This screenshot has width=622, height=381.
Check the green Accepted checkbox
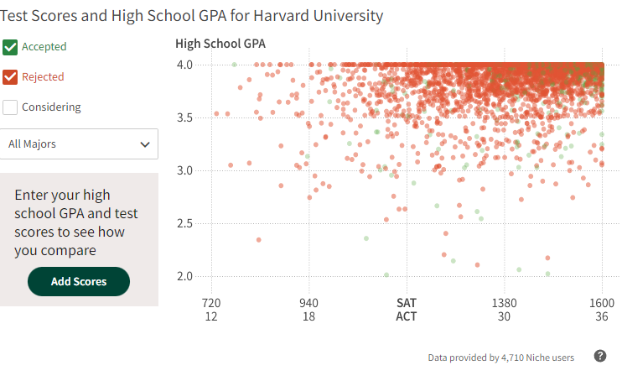(x=11, y=47)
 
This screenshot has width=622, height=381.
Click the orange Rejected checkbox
(x=11, y=77)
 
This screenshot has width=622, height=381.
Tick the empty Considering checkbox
(x=11, y=107)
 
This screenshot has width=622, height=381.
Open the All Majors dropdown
(x=79, y=144)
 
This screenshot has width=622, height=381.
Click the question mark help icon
(x=600, y=356)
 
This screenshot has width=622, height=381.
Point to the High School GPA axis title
(x=220, y=44)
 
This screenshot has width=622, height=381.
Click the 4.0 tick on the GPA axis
(x=184, y=65)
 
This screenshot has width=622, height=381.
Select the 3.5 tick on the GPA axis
(x=184, y=117)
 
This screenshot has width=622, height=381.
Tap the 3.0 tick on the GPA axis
(x=184, y=170)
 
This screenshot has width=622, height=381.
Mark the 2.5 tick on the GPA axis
(x=184, y=223)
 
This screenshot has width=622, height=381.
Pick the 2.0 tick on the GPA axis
(x=184, y=276)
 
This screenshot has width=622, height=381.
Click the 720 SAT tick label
(x=211, y=302)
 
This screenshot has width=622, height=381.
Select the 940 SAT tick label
(x=309, y=302)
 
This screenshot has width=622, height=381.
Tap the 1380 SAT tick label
(x=504, y=302)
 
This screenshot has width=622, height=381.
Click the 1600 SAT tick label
(x=602, y=302)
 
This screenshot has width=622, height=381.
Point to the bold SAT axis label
(x=407, y=302)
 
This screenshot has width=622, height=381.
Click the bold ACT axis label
(x=407, y=316)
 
